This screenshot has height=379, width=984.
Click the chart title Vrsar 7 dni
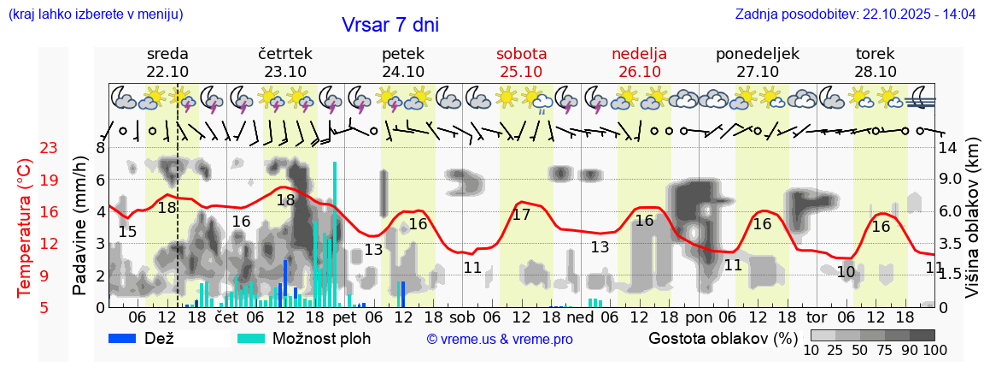pos(389,25)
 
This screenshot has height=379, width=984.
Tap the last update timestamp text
pos(855,15)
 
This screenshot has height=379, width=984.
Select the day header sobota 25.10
pos(521,62)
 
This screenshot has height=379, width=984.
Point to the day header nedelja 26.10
pos(639,62)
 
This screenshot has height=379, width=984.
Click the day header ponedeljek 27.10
pos(757,62)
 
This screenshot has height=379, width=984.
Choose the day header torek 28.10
pos(875,62)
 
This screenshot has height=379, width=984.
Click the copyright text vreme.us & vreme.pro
pos(500,339)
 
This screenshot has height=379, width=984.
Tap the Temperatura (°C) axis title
pos(26,228)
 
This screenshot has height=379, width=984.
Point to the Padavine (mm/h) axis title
pos(80,226)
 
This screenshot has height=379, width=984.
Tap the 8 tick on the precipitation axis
pos(100,147)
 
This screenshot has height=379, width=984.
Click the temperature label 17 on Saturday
pos(521,215)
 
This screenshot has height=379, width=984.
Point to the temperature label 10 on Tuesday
pos(846,272)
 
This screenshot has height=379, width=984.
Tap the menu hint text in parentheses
pos(95,15)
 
